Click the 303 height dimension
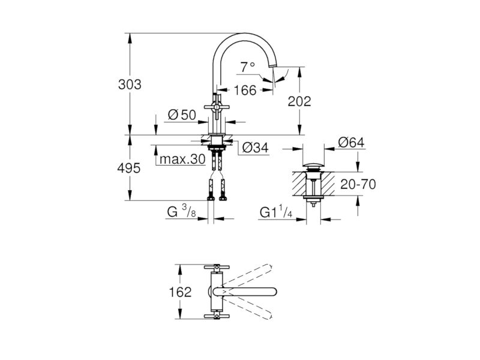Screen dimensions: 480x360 [130, 85]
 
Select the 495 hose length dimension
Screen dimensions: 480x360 [129, 168]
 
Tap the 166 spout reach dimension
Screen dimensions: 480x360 [245, 91]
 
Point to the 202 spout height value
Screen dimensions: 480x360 [299, 101]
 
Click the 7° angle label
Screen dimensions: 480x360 [247, 67]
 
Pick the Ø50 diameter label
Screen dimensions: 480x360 [182, 115]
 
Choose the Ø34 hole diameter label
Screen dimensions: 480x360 [256, 148]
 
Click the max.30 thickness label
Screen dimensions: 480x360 [182, 159]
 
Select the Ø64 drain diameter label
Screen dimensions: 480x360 [351, 142]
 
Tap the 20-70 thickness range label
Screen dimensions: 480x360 [358, 184]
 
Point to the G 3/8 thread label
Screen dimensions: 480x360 [182, 211]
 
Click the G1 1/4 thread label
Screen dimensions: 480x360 [276, 212]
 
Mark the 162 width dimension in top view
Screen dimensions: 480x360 [181, 292]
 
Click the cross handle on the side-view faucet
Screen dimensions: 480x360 [217, 107]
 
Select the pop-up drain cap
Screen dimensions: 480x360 [313, 166]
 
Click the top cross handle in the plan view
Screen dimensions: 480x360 [217, 267]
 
